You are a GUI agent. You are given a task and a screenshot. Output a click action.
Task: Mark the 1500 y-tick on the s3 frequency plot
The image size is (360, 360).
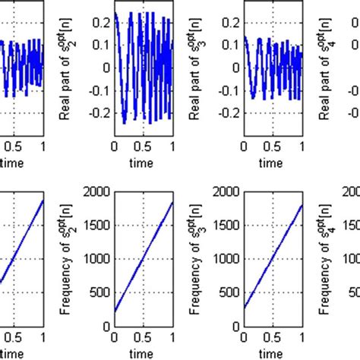coord(226,224)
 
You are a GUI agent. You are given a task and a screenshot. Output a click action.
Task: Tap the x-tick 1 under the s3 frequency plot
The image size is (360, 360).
coord(302,336)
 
